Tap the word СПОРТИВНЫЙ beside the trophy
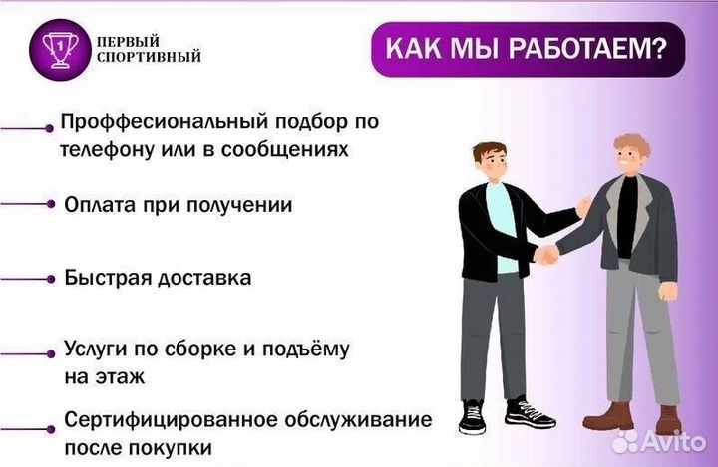coord(149,57)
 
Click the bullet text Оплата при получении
coord(178,205)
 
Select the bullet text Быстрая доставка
coord(158,278)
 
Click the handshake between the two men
coord(546,254)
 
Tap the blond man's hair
coord(632,144)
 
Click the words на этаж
coord(105,377)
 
